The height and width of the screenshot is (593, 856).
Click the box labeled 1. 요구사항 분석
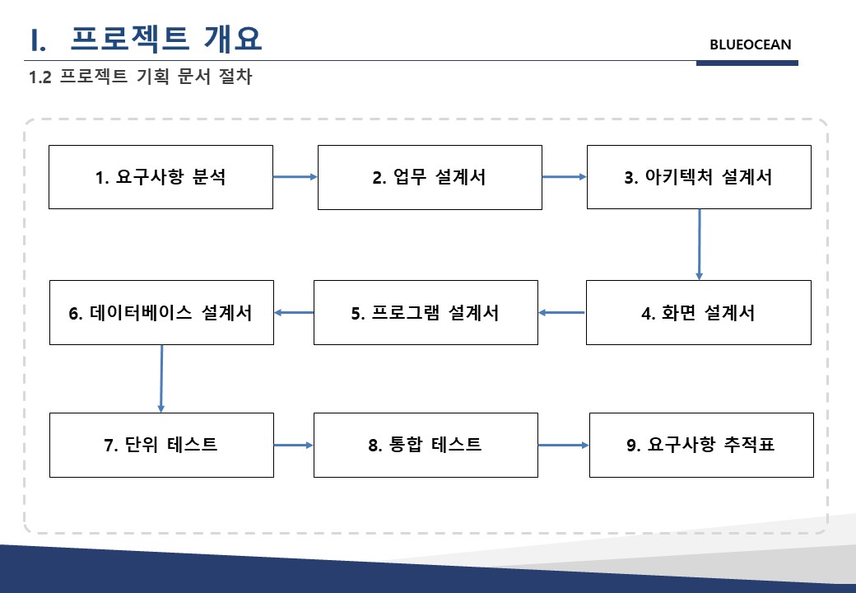coord(160,177)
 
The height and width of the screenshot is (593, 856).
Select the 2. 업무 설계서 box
coord(430,177)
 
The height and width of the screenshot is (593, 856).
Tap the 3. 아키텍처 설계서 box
coord(699,177)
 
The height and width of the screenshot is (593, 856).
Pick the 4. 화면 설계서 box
coord(699,312)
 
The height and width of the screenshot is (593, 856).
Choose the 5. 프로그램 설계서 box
coord(426,312)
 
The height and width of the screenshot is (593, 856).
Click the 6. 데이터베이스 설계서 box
coord(161,312)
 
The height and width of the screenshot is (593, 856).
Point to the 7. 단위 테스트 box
coord(161,445)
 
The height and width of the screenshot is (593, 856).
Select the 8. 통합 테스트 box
coord(426,445)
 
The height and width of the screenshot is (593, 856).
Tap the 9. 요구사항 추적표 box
coord(701,445)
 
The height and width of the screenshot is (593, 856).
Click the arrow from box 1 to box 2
coord(295,177)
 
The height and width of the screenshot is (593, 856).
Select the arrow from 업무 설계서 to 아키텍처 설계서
coord(565,177)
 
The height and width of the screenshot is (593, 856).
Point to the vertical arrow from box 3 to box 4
coord(700,245)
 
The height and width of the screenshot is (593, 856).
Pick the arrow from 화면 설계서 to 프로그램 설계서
coord(561,313)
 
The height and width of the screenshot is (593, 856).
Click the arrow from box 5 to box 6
coord(294,313)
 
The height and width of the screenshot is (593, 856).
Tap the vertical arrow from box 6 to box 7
coord(161,378)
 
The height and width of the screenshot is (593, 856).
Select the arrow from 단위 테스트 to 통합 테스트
coord(294,446)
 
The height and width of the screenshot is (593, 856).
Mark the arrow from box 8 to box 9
coord(563,446)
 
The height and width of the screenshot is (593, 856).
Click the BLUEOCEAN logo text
coord(750,44)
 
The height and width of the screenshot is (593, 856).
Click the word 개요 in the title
coord(233,39)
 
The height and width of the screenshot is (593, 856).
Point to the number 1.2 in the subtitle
coord(40,77)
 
